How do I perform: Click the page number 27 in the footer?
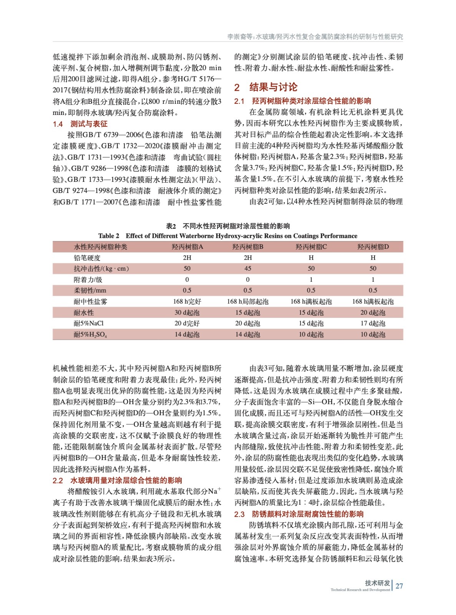[399, 586]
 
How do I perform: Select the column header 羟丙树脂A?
[187, 247]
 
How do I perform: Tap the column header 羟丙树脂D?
[373, 247]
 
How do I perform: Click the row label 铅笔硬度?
[87, 258]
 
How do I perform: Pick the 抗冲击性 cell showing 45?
[248, 268]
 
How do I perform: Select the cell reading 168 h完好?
[187, 301]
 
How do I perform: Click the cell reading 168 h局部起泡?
[248, 301]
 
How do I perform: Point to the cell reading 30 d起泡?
[187, 312]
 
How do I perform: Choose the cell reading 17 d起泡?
[373, 323]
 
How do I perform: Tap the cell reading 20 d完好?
[187, 323]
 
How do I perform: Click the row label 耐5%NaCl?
[89, 323]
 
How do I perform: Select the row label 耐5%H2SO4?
[90, 334]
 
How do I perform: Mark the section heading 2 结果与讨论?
[266, 87]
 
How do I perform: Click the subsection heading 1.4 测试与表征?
[80, 124]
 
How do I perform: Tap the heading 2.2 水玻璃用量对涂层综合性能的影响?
[117, 480]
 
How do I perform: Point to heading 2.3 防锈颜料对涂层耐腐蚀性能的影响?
[299, 514]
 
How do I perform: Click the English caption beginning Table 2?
[228, 236]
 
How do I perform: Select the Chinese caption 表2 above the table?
[228, 226]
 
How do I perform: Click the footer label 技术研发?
[377, 583]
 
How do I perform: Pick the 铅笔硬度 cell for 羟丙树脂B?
[248, 258]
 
